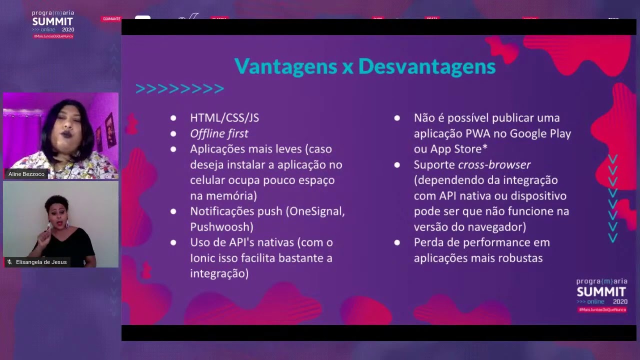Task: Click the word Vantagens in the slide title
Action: (x=285, y=67)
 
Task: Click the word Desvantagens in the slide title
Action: (x=427, y=67)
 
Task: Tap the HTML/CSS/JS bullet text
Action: (x=224, y=118)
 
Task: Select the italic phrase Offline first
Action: (x=219, y=133)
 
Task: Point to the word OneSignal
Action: (x=315, y=211)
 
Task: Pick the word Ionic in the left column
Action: (x=203, y=258)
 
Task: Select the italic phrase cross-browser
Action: (x=494, y=164)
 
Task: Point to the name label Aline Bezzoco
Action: (x=26, y=174)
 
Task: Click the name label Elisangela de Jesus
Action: (x=41, y=262)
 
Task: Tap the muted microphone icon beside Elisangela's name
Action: (x=9, y=262)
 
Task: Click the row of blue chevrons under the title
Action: (x=180, y=89)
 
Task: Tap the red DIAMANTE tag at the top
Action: (x=111, y=19)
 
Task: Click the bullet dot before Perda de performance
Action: (x=397, y=242)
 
